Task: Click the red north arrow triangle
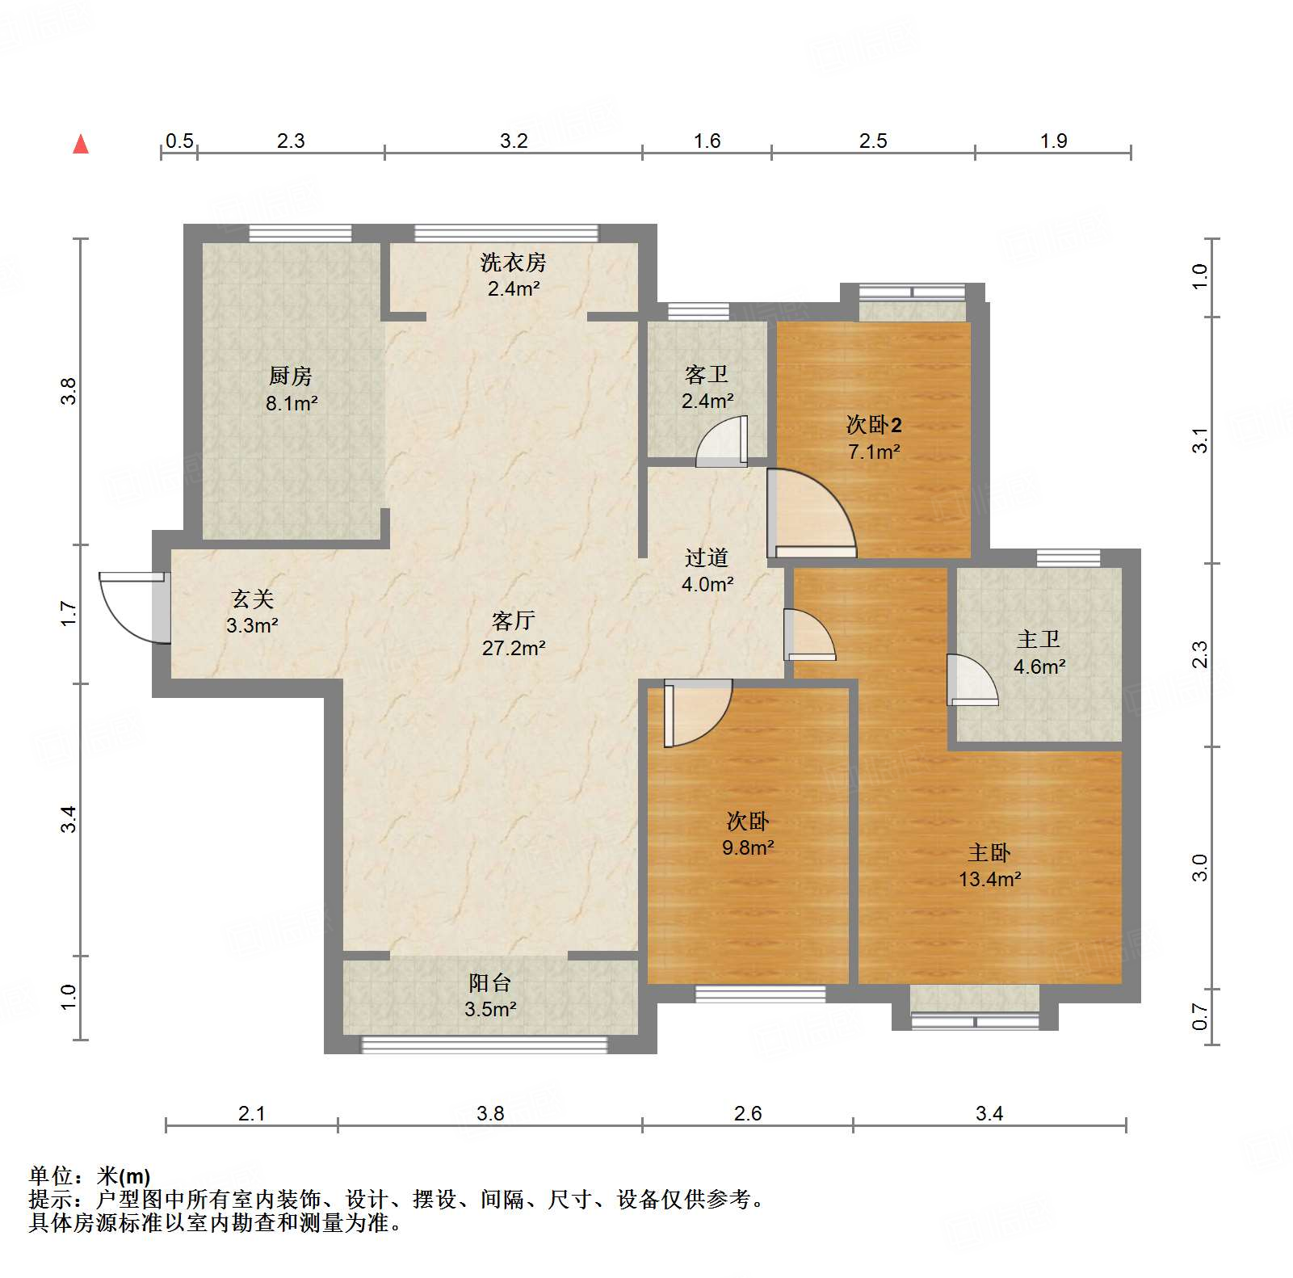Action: (81, 145)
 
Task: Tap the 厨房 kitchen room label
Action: (290, 376)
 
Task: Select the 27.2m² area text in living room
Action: (514, 648)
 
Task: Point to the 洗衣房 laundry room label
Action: (513, 263)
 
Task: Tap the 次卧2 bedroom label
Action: (873, 424)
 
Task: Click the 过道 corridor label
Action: (707, 557)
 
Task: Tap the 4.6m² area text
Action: (1039, 666)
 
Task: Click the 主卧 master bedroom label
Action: (989, 852)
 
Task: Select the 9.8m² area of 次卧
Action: (748, 847)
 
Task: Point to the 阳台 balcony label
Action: (490, 982)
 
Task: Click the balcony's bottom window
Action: (485, 1045)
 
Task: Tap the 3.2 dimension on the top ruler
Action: (514, 141)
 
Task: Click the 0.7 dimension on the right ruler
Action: (1200, 1016)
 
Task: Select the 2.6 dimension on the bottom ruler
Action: (748, 1114)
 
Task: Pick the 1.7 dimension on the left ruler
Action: (69, 613)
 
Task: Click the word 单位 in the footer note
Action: (50, 1175)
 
